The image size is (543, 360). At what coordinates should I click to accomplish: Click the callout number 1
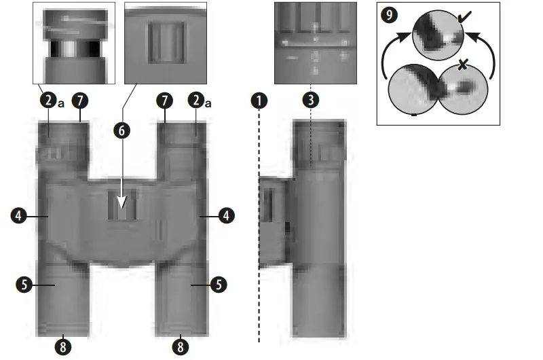259,101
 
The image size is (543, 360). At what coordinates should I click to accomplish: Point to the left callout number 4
19,215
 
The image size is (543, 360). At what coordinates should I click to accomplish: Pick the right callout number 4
225,215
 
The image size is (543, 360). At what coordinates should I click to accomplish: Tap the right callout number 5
219,285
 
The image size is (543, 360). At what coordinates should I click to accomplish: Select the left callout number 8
62,346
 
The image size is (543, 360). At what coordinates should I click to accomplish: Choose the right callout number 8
181,346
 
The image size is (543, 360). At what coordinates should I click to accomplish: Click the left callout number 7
80,101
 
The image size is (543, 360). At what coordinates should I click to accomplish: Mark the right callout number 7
164,101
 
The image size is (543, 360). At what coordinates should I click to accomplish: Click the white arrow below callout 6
122,202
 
